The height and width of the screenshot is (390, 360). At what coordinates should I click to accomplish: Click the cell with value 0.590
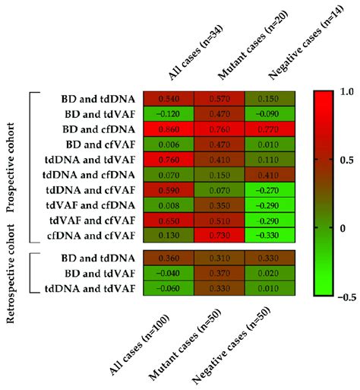point(168,189)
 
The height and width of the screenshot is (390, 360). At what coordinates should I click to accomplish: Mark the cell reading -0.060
point(168,288)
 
